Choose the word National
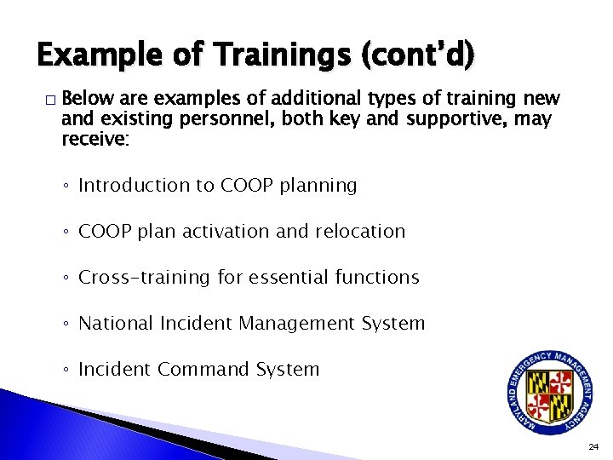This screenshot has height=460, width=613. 113,323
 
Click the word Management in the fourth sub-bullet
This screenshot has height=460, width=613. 295,323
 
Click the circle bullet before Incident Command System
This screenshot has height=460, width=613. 67,370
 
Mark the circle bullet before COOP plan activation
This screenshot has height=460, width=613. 67,232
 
